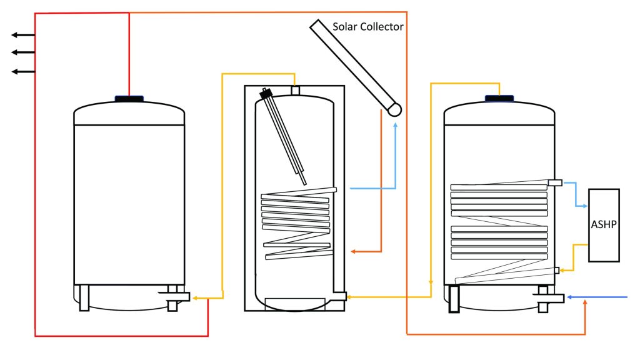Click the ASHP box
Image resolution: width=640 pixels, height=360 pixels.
(604, 225)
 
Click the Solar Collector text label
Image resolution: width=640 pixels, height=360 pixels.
(367, 27)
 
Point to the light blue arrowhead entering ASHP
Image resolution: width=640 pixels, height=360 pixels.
(584, 206)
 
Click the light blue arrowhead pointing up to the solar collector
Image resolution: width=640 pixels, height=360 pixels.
(395, 125)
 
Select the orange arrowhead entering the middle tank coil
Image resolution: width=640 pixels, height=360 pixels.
(353, 251)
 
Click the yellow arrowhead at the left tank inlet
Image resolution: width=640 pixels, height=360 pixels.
(194, 299)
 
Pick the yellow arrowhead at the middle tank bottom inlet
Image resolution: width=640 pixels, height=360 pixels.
(349, 299)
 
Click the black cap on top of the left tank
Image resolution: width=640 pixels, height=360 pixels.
(129, 97)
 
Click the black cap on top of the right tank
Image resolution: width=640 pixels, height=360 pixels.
(499, 97)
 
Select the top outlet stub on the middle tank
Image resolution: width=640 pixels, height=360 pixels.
(296, 91)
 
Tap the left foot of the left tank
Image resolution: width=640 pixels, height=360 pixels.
(84, 298)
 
